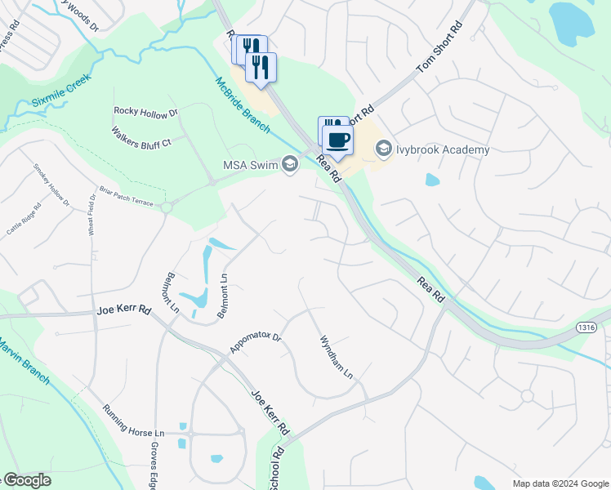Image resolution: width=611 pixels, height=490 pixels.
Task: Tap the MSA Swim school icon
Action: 288,165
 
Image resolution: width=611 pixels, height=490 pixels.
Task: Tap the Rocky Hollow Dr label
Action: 145,113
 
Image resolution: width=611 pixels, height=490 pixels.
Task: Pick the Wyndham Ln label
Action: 336,357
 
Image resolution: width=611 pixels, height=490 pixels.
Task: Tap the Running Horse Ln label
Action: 134,420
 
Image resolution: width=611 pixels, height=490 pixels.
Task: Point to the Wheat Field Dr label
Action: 92,214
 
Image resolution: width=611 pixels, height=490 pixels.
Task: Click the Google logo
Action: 26,480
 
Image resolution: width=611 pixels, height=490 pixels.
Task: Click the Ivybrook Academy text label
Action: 444,149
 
